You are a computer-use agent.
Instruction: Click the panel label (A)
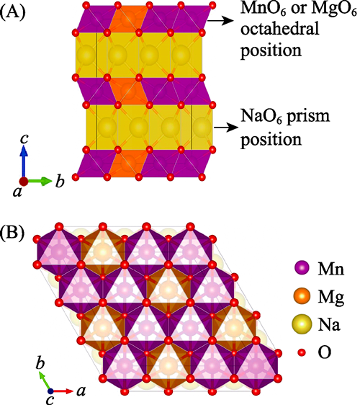pos(13,13)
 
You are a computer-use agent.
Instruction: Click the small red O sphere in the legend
pos(302,352)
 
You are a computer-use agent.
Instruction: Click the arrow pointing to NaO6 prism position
pos(226,128)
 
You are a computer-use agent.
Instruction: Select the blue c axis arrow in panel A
pos(24,161)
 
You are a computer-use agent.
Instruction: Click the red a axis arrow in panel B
pos(63,391)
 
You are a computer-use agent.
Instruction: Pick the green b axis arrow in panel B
pos(45,380)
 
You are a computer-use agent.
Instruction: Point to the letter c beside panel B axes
pos(50,399)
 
